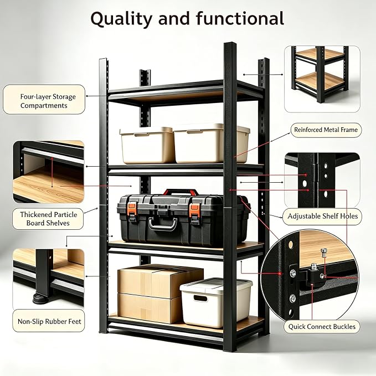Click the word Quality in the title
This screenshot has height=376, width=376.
point(121,19)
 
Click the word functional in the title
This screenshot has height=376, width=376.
point(240,18)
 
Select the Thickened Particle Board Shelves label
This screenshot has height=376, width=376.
point(48,219)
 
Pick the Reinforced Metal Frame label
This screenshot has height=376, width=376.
point(326,130)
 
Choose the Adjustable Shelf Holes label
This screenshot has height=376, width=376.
point(322,217)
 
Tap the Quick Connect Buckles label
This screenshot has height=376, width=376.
point(322,327)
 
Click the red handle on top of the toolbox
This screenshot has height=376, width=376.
point(181,192)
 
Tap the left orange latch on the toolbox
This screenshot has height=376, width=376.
point(132,209)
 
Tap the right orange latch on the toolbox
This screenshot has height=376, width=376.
point(194,210)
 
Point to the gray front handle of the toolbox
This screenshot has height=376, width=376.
point(163,224)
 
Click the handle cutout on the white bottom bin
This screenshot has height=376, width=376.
point(200,298)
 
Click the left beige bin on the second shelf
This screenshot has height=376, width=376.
point(147,145)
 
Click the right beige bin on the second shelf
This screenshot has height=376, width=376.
point(211,143)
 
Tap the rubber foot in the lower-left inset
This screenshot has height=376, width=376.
point(41,298)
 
